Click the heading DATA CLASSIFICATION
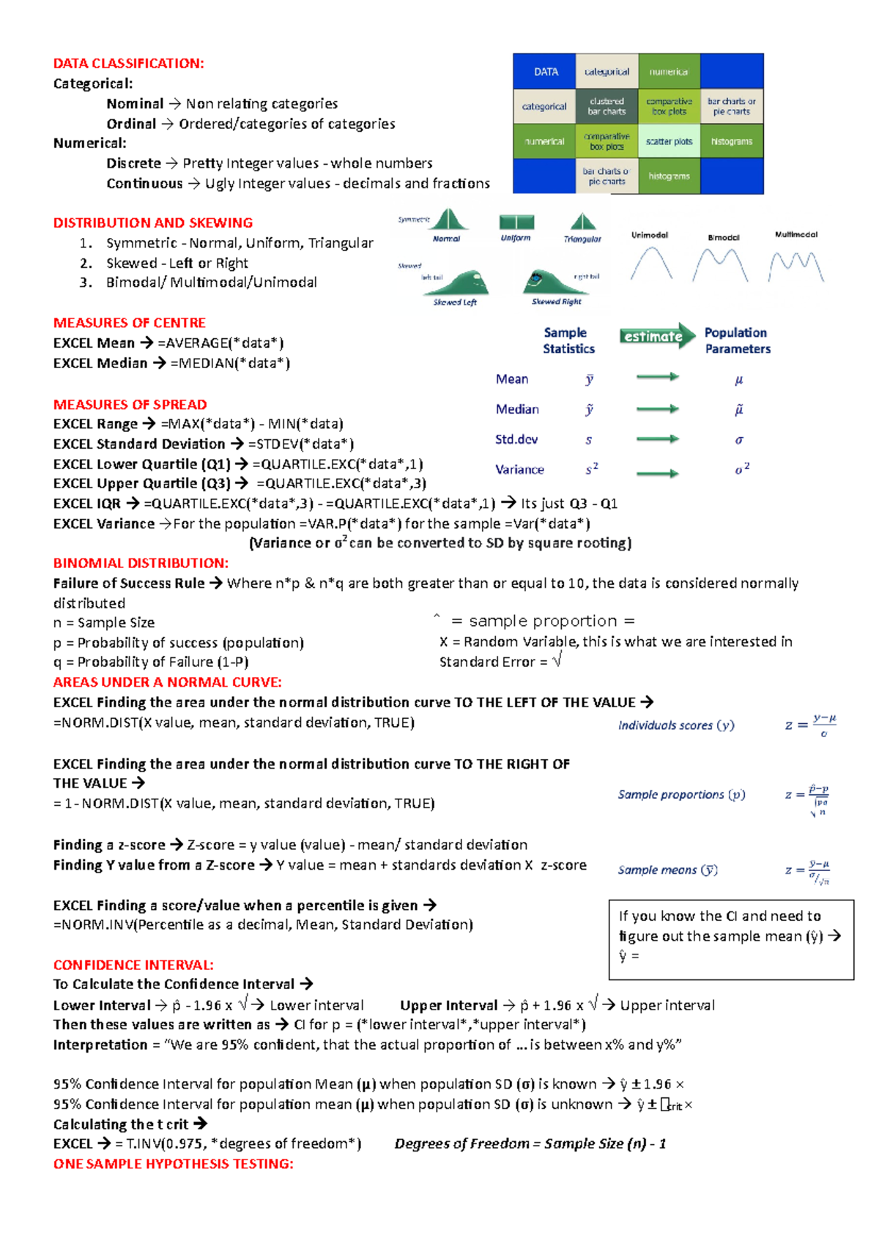click(x=128, y=64)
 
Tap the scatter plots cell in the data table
click(x=669, y=141)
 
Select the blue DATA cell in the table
click(x=545, y=72)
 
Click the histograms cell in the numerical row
click(x=731, y=141)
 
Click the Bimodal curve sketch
click(x=720, y=265)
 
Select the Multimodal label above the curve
click(x=795, y=235)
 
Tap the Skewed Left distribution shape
click(x=459, y=283)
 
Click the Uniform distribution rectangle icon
click(x=516, y=223)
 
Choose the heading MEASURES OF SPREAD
click(x=130, y=405)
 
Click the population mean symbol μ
click(x=738, y=380)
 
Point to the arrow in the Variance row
click(x=657, y=474)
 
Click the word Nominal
click(x=135, y=104)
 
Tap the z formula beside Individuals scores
click(x=811, y=725)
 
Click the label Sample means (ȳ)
click(x=667, y=870)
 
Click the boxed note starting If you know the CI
click(x=730, y=938)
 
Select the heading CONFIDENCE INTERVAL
click(x=133, y=965)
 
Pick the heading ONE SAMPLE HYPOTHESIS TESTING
click(x=173, y=1164)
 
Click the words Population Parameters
click(x=737, y=341)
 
